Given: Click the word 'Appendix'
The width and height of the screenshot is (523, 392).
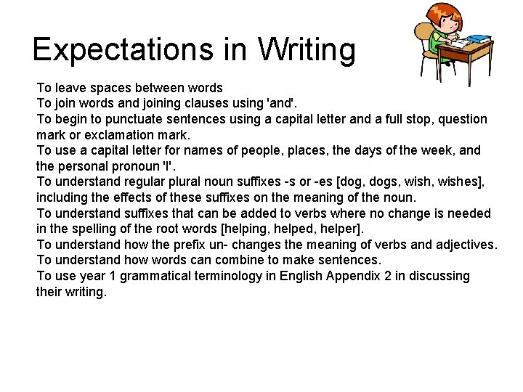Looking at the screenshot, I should pyautogui.click(x=352, y=276).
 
